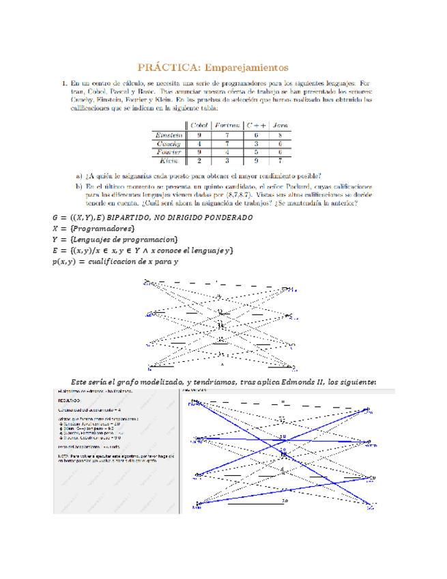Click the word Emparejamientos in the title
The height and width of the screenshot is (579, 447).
tap(246, 67)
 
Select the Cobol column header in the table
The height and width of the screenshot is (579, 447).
tap(199, 125)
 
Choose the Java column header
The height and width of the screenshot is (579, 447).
tap(280, 125)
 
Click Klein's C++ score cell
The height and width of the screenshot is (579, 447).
tap(255, 161)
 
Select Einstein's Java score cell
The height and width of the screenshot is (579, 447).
tap(280, 135)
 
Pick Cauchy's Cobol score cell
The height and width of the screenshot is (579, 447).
tap(199, 144)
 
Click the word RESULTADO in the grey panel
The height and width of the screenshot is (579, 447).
tap(70, 399)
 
